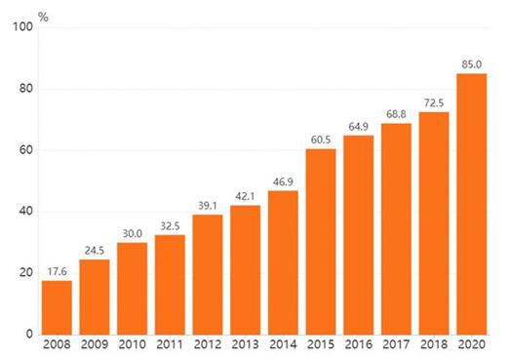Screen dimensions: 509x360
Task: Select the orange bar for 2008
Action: pyautogui.click(x=57, y=307)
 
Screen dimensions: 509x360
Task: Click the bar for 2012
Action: pyautogui.click(x=208, y=274)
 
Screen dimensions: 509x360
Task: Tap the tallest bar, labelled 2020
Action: pyautogui.click(x=472, y=204)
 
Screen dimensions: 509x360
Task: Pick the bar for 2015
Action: pyautogui.click(x=321, y=242)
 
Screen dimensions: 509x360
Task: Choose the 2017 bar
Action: pyautogui.click(x=396, y=229)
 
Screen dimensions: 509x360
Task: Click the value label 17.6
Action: pyautogui.click(x=57, y=271)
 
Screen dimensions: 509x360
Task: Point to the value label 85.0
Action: pyautogui.click(x=472, y=64)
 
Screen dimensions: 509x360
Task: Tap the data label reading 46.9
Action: pyautogui.click(x=283, y=181)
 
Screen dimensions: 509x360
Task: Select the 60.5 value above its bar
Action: pyautogui.click(x=321, y=140)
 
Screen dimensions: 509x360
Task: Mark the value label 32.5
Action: pyautogui.click(x=170, y=225)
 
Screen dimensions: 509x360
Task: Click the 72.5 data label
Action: pyautogui.click(x=434, y=102)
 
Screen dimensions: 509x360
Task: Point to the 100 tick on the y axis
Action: pyautogui.click(x=22, y=26)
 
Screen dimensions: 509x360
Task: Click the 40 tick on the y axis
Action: pyautogui.click(x=26, y=211)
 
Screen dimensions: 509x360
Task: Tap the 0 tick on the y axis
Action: pyautogui.click(x=29, y=334)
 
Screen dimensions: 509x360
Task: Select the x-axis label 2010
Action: pyautogui.click(x=133, y=344)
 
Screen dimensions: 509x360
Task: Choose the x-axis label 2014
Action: pyautogui.click(x=283, y=344)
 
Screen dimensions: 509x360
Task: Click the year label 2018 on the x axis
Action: pyautogui.click(x=434, y=344)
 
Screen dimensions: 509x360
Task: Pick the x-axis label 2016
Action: pyautogui.click(x=359, y=344)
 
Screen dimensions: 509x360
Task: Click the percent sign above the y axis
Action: pyautogui.click(x=43, y=17)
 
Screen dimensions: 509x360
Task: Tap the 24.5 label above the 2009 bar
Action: pyautogui.click(x=95, y=251)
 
